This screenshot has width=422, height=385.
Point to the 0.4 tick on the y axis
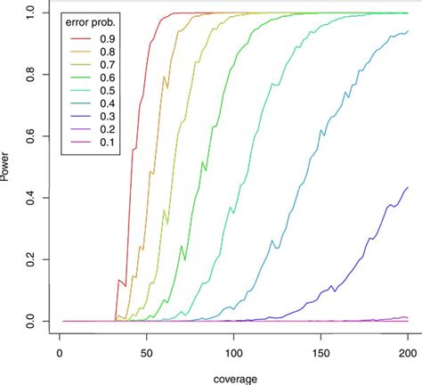point(33,198)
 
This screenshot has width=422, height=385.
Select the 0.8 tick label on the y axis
point(33,75)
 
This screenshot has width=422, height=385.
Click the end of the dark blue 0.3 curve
point(408,187)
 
